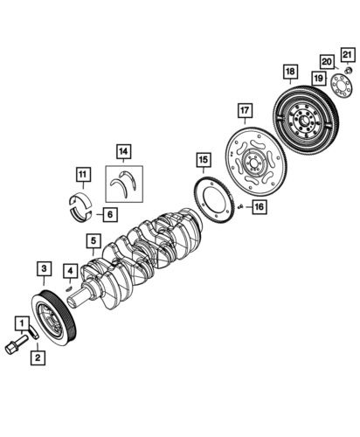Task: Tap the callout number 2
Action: coord(38,357)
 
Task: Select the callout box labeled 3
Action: coord(43,268)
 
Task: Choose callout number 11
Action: coord(80,174)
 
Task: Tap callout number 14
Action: coord(125,150)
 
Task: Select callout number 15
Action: coord(203,159)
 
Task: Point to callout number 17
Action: coord(245,111)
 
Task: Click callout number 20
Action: coord(325,61)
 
